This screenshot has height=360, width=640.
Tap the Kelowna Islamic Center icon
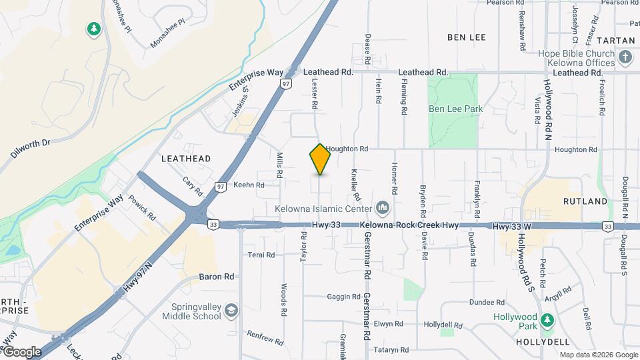click(x=383, y=209)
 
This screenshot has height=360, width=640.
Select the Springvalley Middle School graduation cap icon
click(x=231, y=311)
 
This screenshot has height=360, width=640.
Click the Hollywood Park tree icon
click(x=547, y=321)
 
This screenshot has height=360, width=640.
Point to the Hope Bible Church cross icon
click(x=625, y=57)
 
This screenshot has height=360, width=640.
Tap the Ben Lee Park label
click(x=455, y=108)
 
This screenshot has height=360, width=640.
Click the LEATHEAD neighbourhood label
click(x=186, y=159)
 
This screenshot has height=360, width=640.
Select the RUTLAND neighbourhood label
click(x=585, y=201)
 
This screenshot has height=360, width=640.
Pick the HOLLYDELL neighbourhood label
click(x=541, y=341)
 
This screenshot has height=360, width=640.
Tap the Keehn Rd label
click(x=249, y=185)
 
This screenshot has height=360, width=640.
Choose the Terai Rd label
click(x=261, y=255)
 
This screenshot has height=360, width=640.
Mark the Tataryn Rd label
click(x=391, y=349)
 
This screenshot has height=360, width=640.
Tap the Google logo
click(x=22, y=351)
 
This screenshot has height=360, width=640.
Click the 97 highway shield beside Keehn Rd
click(x=220, y=187)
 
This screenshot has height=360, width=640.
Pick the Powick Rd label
click(x=142, y=207)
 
